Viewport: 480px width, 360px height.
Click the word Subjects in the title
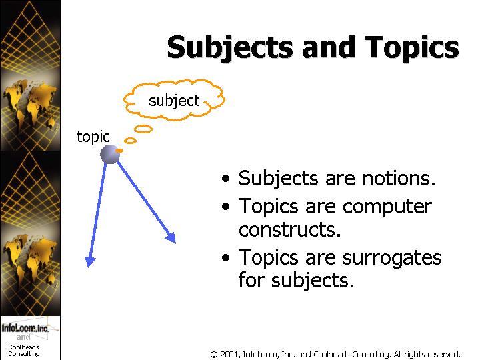click(x=230, y=47)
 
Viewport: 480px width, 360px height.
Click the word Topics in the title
click(x=412, y=47)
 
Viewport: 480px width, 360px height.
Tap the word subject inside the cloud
click(x=174, y=101)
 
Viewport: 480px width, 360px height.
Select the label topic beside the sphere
click(x=93, y=137)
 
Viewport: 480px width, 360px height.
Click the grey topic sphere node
click(x=110, y=154)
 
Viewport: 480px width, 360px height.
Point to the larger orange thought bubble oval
click(x=143, y=129)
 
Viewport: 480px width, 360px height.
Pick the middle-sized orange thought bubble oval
click(x=130, y=141)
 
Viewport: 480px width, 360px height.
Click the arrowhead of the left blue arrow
click(x=90, y=261)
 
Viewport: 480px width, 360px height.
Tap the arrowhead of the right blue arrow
click(x=171, y=238)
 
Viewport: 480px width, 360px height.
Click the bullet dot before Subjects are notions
click(x=225, y=178)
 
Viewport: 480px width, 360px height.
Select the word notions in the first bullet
click(x=399, y=178)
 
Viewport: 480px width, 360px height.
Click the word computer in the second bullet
click(x=387, y=207)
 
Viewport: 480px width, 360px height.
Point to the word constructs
click(x=289, y=229)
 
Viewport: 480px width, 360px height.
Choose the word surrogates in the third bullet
click(x=392, y=259)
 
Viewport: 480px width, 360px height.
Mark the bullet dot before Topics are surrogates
click(x=225, y=258)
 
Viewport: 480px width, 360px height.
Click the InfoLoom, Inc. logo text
click(x=25, y=328)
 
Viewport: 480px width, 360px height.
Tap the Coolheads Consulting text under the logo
click(x=23, y=351)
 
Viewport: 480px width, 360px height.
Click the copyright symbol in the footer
click(x=214, y=355)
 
